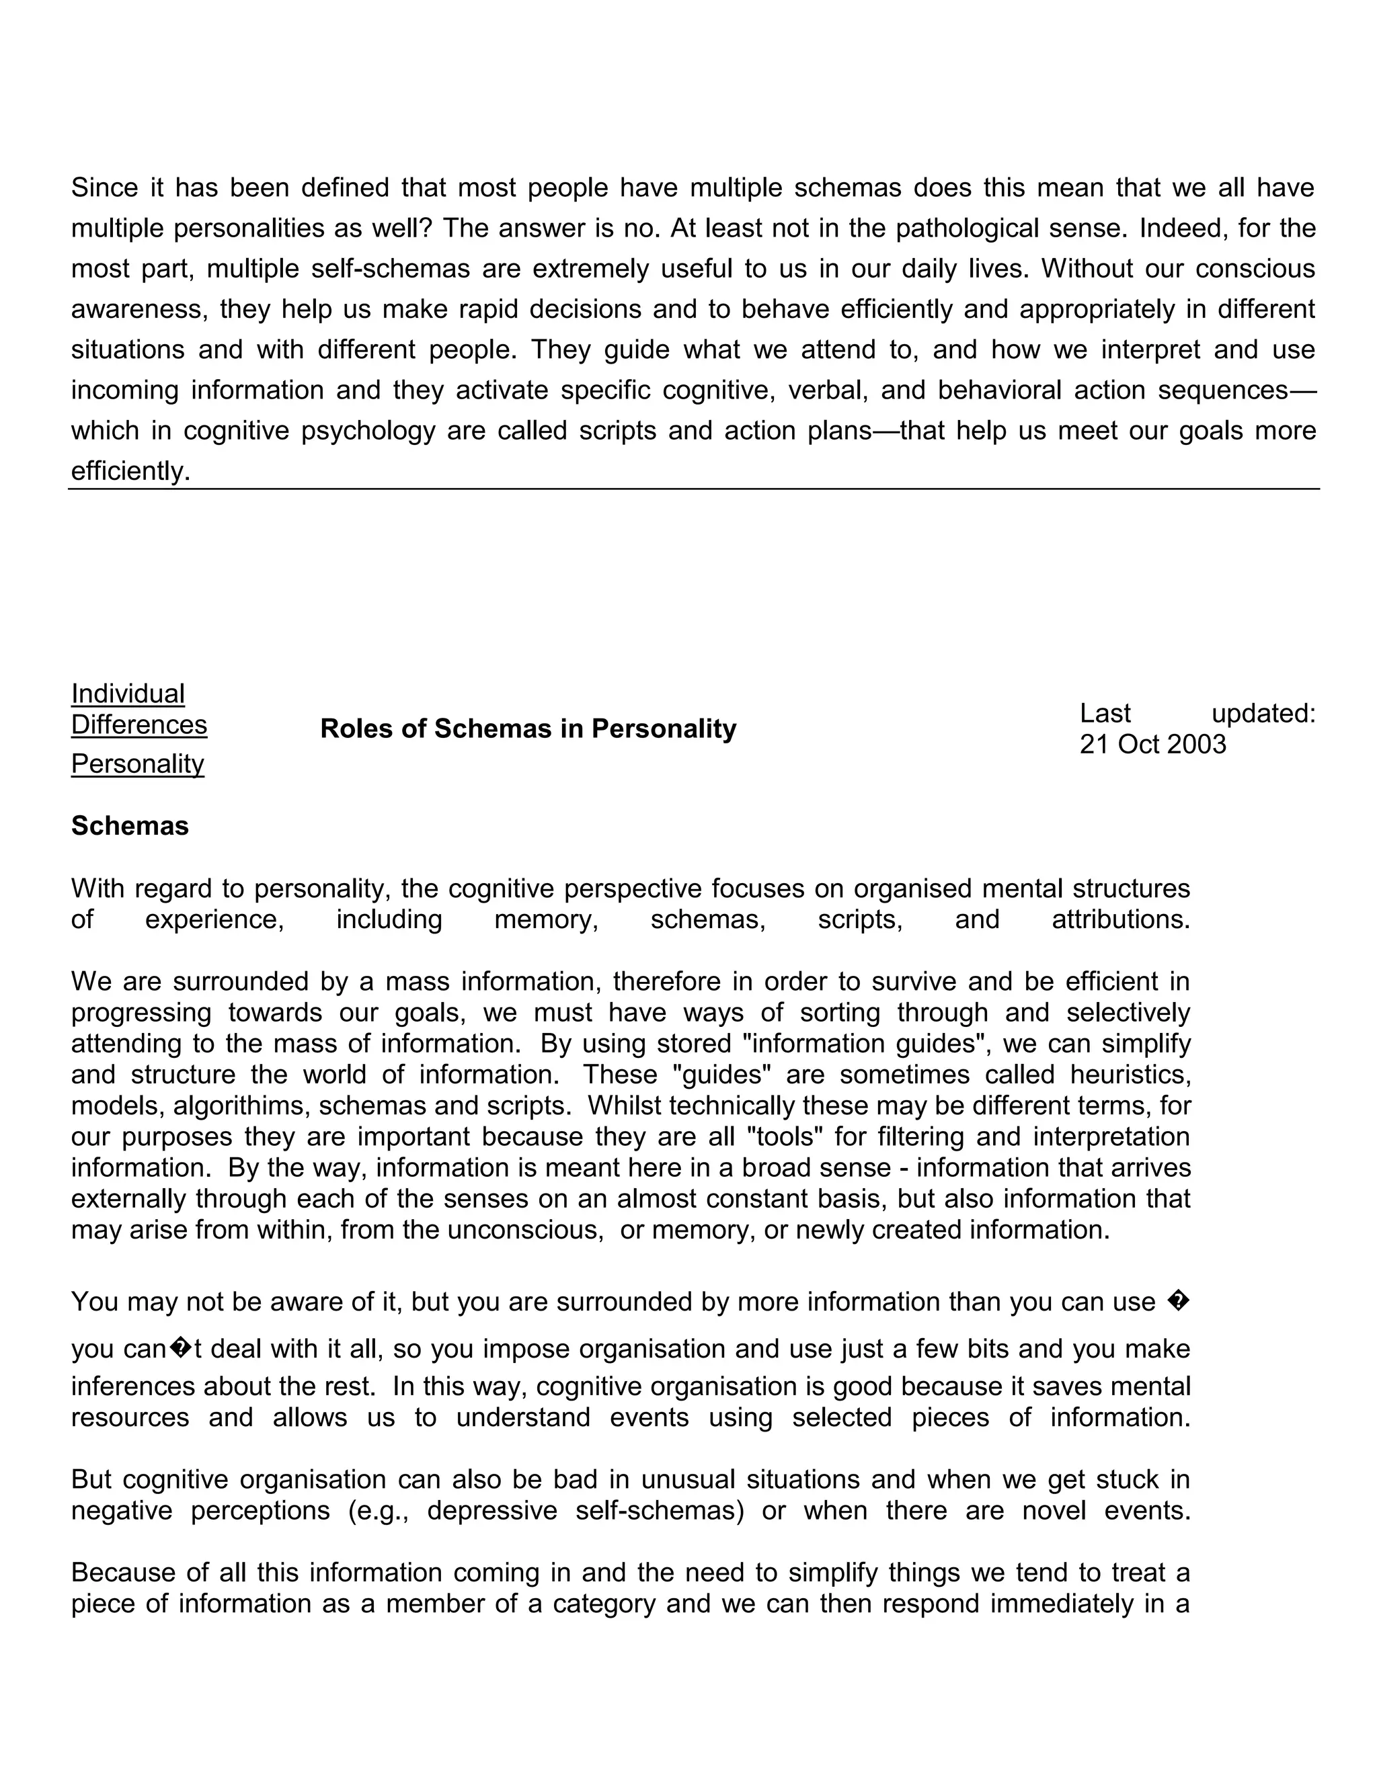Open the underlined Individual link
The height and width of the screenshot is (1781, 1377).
pos(128,694)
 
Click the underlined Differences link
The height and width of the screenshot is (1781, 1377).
pos(139,725)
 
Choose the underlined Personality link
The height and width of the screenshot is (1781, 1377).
pos(137,764)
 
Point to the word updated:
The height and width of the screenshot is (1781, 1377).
pos(1263,714)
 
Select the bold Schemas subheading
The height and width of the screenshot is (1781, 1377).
pos(130,826)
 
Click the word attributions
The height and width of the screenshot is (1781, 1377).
pos(1120,920)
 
